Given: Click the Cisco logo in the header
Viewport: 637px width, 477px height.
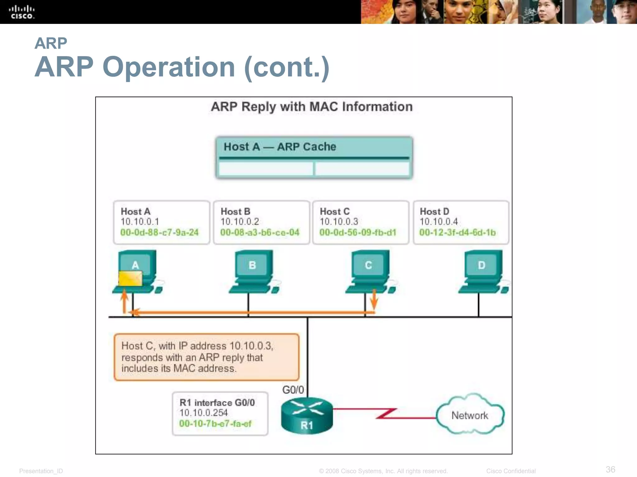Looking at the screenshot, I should pyautogui.click(x=21, y=12).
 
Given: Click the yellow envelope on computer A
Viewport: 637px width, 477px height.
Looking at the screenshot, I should pyautogui.click(x=130, y=278).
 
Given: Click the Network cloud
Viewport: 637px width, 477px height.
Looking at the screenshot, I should pyautogui.click(x=470, y=415).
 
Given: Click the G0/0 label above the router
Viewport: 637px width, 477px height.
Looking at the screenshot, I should pyautogui.click(x=293, y=390).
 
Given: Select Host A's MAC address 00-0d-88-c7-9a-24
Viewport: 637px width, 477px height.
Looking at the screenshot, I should pyautogui.click(x=159, y=232).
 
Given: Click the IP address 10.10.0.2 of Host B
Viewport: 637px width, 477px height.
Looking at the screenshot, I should pyautogui.click(x=239, y=222).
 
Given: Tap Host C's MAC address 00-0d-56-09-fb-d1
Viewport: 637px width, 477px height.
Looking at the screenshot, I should pyautogui.click(x=358, y=232).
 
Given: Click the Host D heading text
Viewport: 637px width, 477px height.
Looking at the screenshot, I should pyautogui.click(x=434, y=211).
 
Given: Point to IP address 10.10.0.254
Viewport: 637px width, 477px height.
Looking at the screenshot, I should pyautogui.click(x=203, y=413).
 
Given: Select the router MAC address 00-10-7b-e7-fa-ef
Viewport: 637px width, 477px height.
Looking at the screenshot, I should pyautogui.click(x=215, y=424).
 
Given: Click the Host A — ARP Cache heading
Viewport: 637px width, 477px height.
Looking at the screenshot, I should pyautogui.click(x=280, y=147).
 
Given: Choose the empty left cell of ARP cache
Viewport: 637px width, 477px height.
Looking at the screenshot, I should pyautogui.click(x=266, y=169).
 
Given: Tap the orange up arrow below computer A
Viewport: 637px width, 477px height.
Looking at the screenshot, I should pyautogui.click(x=124, y=300).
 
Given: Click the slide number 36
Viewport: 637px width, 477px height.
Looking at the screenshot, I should pyautogui.click(x=610, y=469).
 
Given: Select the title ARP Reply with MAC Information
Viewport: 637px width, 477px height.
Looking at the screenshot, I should pyautogui.click(x=312, y=107).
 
